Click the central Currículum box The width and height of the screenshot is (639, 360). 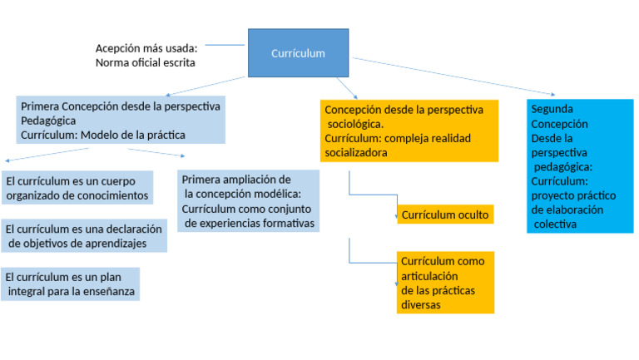point(298,53)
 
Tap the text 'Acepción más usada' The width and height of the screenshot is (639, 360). point(146,48)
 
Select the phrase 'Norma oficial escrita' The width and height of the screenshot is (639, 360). point(146,62)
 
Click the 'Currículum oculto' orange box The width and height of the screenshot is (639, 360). point(444,215)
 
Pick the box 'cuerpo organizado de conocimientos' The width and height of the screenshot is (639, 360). point(77,189)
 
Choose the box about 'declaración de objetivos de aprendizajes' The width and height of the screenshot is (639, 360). point(83,235)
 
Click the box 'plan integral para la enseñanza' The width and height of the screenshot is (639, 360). point(70,284)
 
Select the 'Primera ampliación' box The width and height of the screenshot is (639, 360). point(248,201)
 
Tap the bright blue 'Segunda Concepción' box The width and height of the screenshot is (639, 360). point(579,166)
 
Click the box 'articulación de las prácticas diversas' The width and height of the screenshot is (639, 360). point(445,283)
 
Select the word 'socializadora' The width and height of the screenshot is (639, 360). point(356,153)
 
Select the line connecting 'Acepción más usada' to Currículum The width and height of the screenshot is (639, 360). point(225,45)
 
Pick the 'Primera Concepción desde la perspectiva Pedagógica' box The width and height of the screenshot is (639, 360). point(121,121)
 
